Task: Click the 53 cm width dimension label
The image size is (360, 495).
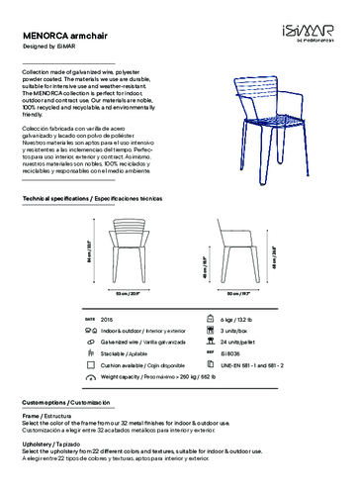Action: pyautogui.click(x=124, y=294)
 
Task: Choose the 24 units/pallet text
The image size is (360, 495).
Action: pyautogui.click(x=238, y=341)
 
